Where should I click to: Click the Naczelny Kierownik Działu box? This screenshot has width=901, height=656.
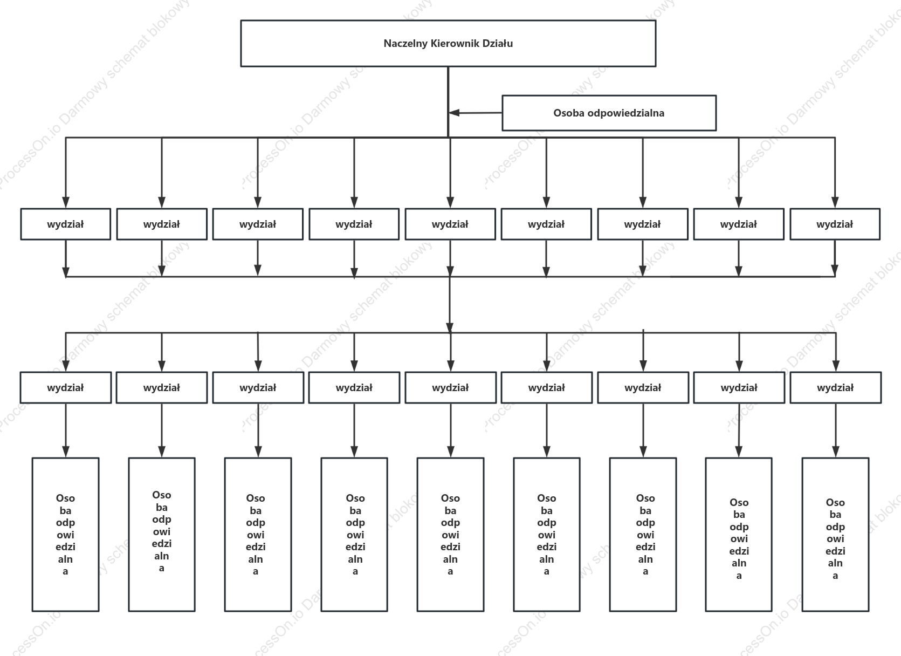point(448,44)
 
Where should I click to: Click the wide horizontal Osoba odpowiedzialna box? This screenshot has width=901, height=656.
point(609,113)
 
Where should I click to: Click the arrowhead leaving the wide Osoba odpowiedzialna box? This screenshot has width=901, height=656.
point(454,113)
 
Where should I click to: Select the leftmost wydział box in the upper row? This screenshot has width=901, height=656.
point(66,224)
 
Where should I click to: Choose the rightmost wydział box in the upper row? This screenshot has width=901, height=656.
point(835,224)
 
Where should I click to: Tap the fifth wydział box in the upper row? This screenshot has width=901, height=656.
point(450,224)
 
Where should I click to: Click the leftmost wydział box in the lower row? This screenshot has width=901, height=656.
point(66,387)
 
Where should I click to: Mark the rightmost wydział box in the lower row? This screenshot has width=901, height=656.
point(835,387)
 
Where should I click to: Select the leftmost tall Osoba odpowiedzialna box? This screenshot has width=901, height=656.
point(66,535)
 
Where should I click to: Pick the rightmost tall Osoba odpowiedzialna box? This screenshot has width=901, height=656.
point(835,535)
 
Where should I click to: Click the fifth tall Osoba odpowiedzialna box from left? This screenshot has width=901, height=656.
point(451,535)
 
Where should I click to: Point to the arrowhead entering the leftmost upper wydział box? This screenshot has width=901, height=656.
point(66,202)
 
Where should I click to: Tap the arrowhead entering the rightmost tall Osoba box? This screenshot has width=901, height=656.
point(835,452)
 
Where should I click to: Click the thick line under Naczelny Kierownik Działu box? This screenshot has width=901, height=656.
point(448,102)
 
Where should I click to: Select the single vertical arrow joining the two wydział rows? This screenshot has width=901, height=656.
point(450,305)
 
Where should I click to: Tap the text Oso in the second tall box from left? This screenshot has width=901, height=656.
point(162,495)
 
